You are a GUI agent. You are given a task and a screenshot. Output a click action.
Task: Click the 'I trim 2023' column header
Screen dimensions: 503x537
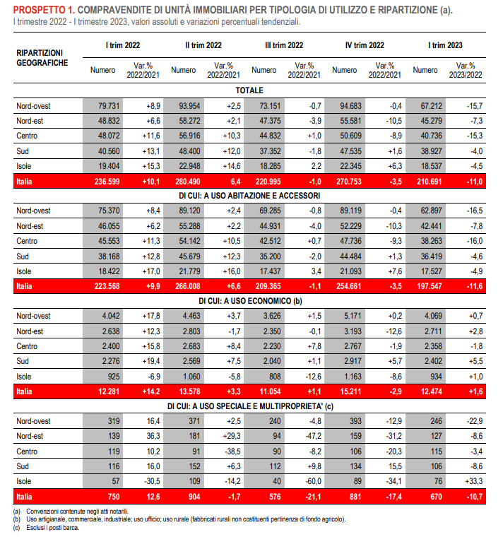click(x=445, y=45)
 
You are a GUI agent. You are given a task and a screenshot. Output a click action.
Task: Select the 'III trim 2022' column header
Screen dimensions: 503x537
click(x=284, y=45)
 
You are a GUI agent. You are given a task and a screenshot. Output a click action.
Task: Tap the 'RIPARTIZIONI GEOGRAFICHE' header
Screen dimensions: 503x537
click(x=42, y=58)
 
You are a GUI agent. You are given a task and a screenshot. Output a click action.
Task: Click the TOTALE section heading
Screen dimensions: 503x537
click(x=249, y=90)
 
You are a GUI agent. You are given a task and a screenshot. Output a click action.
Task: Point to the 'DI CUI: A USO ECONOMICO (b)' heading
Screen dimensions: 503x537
click(x=250, y=301)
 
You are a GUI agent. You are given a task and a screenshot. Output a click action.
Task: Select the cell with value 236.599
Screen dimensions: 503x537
click(x=107, y=182)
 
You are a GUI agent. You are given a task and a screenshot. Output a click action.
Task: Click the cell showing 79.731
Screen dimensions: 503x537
click(x=109, y=106)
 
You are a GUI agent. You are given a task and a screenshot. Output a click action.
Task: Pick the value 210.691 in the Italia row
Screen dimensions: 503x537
click(x=429, y=182)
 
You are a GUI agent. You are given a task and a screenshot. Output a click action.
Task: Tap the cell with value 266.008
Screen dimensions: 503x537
click(x=188, y=286)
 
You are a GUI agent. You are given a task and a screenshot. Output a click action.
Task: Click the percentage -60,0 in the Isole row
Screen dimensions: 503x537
click(x=313, y=481)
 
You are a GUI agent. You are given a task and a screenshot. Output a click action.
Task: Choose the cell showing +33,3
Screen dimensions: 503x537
click(x=473, y=481)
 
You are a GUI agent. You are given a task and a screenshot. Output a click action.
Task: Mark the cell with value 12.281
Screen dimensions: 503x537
click(x=109, y=391)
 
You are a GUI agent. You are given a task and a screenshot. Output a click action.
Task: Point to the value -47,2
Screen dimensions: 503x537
click(x=313, y=436)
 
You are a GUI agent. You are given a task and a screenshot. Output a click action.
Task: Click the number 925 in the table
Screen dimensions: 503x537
click(x=114, y=377)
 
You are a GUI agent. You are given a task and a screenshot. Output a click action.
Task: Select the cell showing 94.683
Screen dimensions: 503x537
click(x=350, y=106)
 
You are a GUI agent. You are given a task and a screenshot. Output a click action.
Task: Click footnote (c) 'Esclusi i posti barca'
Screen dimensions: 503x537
click(x=46, y=528)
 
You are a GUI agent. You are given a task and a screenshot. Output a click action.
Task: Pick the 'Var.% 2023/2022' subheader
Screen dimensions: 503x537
click(x=466, y=70)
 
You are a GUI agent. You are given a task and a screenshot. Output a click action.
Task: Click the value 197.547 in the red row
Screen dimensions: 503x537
click(x=430, y=286)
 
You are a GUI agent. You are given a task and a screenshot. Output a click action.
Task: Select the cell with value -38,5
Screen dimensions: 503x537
click(x=232, y=452)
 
